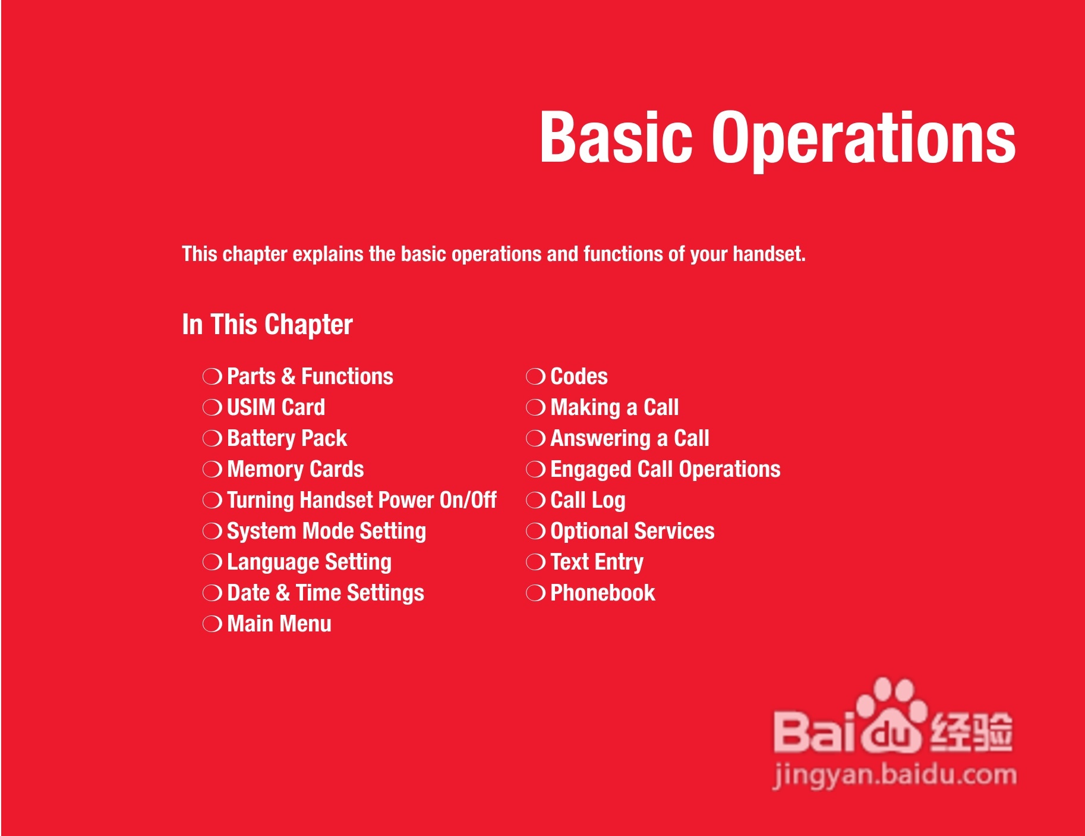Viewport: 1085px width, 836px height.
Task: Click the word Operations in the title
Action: point(864,139)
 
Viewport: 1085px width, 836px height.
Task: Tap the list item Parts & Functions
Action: point(310,376)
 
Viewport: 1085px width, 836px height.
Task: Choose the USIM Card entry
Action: point(276,407)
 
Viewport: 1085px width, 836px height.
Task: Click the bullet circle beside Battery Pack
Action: point(212,439)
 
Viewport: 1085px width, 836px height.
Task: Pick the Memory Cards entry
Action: point(295,469)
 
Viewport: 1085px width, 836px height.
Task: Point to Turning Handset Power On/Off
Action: point(362,500)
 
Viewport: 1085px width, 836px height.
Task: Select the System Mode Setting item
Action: point(327,532)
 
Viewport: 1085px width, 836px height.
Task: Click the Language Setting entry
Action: point(310,562)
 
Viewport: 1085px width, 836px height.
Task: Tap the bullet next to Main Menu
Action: point(212,624)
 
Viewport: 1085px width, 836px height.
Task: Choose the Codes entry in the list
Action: point(579,376)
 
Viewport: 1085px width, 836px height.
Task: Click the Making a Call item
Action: point(615,407)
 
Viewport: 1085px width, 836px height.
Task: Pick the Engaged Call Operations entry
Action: point(665,470)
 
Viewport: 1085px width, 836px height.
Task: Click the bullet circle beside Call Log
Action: point(535,501)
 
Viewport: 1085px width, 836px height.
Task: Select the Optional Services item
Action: point(633,532)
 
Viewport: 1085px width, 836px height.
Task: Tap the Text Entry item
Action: point(597,562)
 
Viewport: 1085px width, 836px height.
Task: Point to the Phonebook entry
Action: point(603,593)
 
